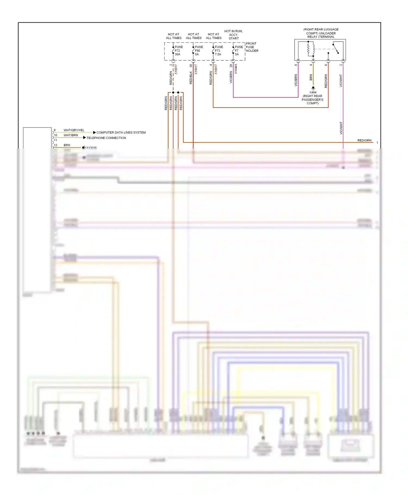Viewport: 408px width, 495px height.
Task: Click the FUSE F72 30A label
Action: click(178, 51)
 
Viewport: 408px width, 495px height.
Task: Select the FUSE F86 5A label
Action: click(199, 51)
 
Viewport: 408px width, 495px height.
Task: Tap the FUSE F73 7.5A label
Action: click(219, 51)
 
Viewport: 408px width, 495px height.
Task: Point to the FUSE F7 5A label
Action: click(239, 51)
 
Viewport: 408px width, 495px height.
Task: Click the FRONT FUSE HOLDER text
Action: click(252, 47)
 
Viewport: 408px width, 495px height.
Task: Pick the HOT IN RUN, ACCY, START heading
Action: click(233, 35)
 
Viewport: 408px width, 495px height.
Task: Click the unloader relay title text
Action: click(321, 33)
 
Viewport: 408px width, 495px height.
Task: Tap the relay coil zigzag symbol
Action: click(308, 49)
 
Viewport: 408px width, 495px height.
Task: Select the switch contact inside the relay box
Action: click(336, 48)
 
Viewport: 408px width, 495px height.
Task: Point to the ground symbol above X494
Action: click(313, 88)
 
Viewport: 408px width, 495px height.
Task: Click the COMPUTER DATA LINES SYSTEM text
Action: click(121, 133)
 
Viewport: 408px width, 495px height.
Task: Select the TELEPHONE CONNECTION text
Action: click(106, 138)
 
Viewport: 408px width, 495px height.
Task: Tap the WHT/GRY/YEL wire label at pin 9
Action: click(74, 130)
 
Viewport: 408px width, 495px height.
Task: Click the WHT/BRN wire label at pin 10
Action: click(71, 135)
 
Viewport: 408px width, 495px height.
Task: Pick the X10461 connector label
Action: click(236, 69)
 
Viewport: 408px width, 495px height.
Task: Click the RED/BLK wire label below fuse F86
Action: click(191, 78)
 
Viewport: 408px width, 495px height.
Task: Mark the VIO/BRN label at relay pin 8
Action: click(296, 81)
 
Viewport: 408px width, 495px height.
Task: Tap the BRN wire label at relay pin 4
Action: click(311, 78)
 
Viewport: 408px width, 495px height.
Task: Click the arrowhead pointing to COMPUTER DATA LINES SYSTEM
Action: click(94, 132)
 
